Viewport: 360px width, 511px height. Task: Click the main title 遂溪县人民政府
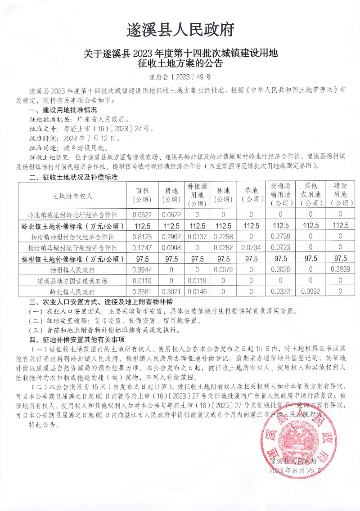(x=180, y=30)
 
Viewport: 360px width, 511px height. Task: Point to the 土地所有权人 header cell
(x=72, y=197)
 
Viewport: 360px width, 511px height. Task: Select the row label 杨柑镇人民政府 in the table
(x=72, y=270)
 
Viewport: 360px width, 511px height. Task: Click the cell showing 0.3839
(x=340, y=270)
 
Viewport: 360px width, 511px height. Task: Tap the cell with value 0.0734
(x=251, y=248)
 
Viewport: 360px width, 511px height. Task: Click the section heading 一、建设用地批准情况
(x=63, y=110)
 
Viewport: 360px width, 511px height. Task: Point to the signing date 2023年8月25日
(x=295, y=470)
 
